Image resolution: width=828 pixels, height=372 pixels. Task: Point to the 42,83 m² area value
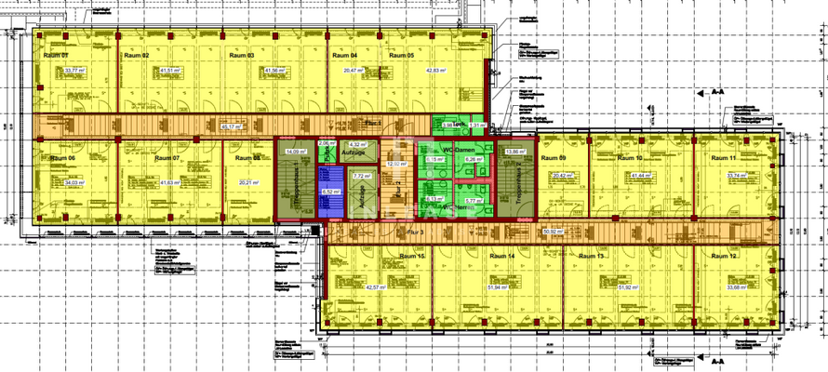tap(437, 70)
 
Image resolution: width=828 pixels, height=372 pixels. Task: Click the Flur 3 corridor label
tap(416, 231)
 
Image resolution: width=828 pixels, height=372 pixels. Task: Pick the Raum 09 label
tap(555, 158)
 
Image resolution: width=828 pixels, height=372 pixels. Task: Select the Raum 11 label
tap(724, 158)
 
